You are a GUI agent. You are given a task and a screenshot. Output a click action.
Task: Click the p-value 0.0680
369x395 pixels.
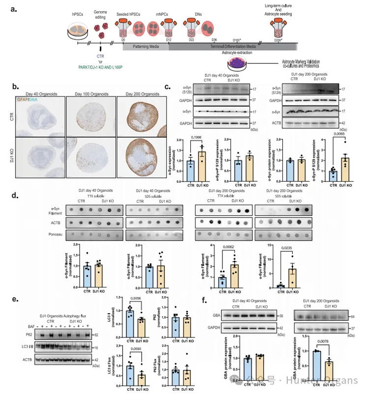[129, 350]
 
